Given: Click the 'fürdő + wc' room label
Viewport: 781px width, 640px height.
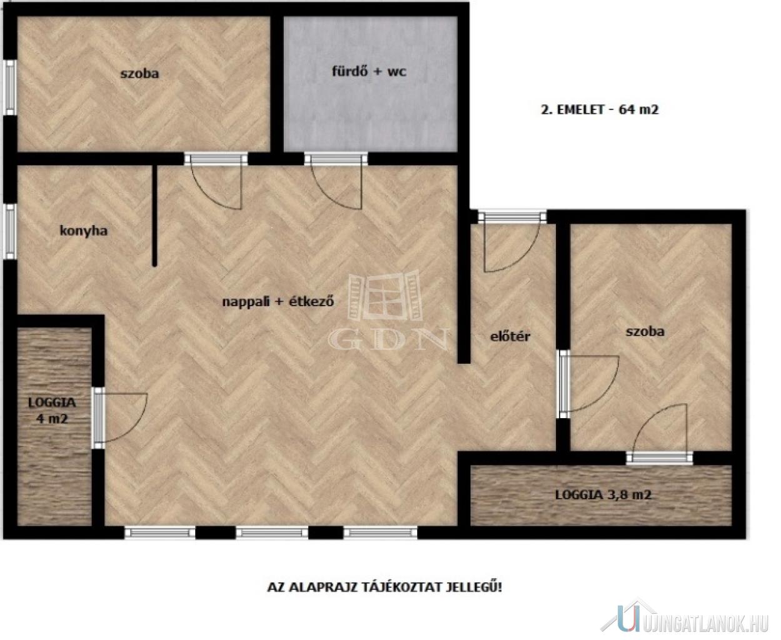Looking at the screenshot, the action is click(x=368, y=71).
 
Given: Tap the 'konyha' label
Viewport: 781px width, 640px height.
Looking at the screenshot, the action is click(x=84, y=231).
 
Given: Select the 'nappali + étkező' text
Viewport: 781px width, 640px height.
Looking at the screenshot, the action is click(x=278, y=301).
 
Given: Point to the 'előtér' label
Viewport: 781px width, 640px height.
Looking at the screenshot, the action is click(x=510, y=336).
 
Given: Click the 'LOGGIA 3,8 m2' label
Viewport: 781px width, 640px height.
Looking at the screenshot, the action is click(x=603, y=494).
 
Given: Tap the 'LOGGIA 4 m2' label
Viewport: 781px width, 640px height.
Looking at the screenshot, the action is click(x=53, y=411).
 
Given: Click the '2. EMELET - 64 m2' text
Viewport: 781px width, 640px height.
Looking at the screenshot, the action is click(x=600, y=109).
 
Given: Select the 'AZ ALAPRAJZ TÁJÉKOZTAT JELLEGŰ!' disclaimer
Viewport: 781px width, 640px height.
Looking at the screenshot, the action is click(x=385, y=587).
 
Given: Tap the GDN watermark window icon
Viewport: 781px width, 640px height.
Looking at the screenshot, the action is click(x=385, y=296).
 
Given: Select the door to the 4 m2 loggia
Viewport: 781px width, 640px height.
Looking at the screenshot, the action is click(x=119, y=418).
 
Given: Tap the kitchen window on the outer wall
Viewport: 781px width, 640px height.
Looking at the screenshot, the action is click(x=10, y=231).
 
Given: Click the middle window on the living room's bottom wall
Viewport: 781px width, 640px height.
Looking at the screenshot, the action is click(x=272, y=532).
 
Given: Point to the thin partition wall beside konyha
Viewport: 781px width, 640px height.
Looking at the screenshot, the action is click(x=155, y=216).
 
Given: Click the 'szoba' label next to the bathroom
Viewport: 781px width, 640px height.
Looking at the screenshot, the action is click(x=139, y=73).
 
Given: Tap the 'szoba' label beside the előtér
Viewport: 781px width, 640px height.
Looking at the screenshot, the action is click(x=645, y=331).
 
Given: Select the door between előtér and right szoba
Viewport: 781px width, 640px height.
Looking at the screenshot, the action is click(x=589, y=384).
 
